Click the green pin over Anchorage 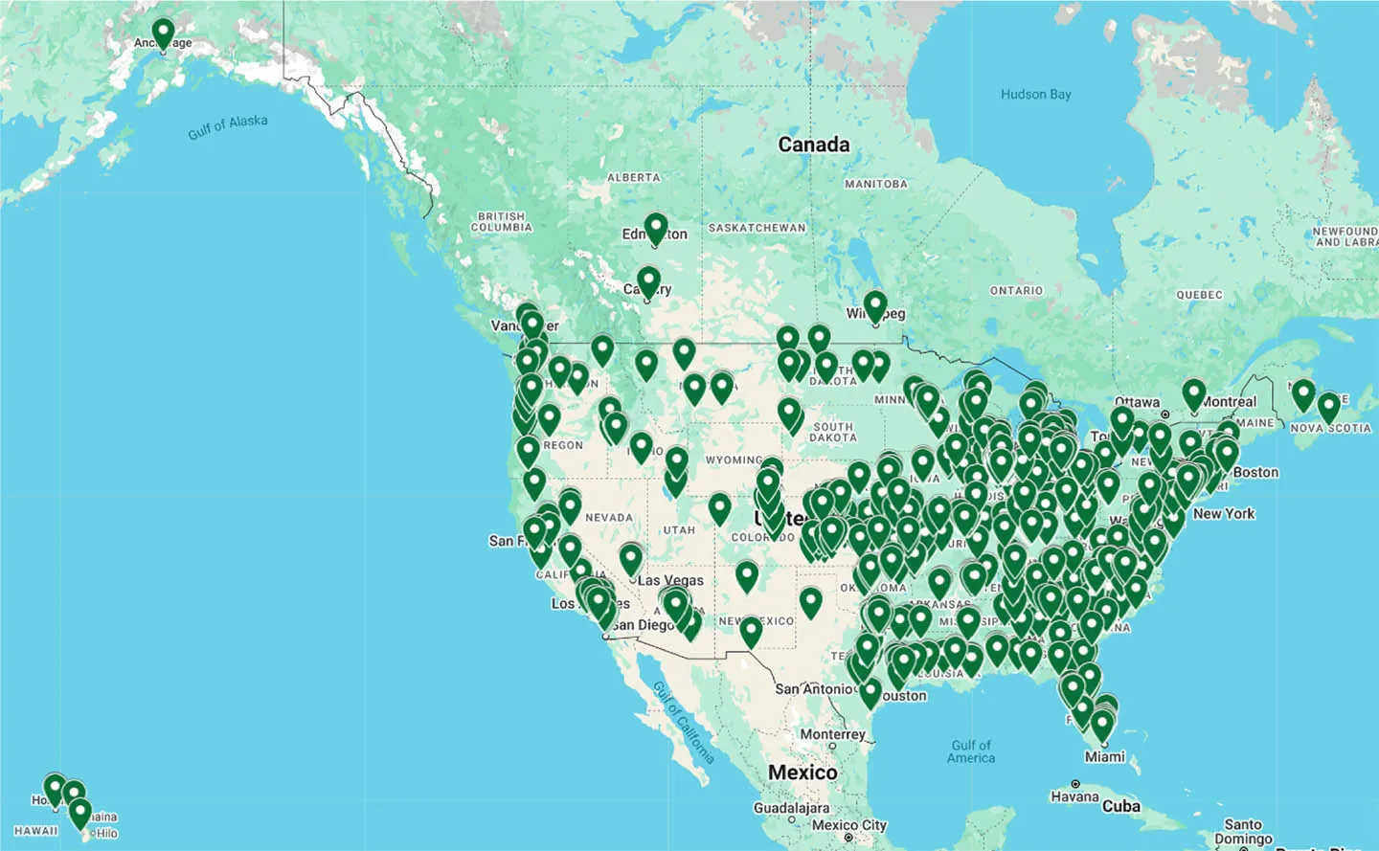click(x=163, y=34)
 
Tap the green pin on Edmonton click(x=655, y=229)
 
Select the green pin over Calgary click(x=648, y=282)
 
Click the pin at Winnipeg click(x=874, y=307)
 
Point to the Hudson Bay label click(x=1035, y=95)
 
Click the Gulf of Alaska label click(x=228, y=126)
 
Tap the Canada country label click(x=813, y=145)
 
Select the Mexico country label click(x=803, y=773)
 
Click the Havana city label click(x=1074, y=796)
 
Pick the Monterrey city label click(x=832, y=734)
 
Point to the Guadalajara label click(x=791, y=808)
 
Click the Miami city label click(x=1104, y=757)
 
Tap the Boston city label click(x=1255, y=472)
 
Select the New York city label click(x=1223, y=514)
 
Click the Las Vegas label click(x=670, y=580)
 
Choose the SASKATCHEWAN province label click(x=757, y=228)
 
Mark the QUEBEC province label click(x=1199, y=295)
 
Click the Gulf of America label click(x=971, y=751)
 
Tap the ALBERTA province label click(x=633, y=177)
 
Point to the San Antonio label click(x=813, y=689)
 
